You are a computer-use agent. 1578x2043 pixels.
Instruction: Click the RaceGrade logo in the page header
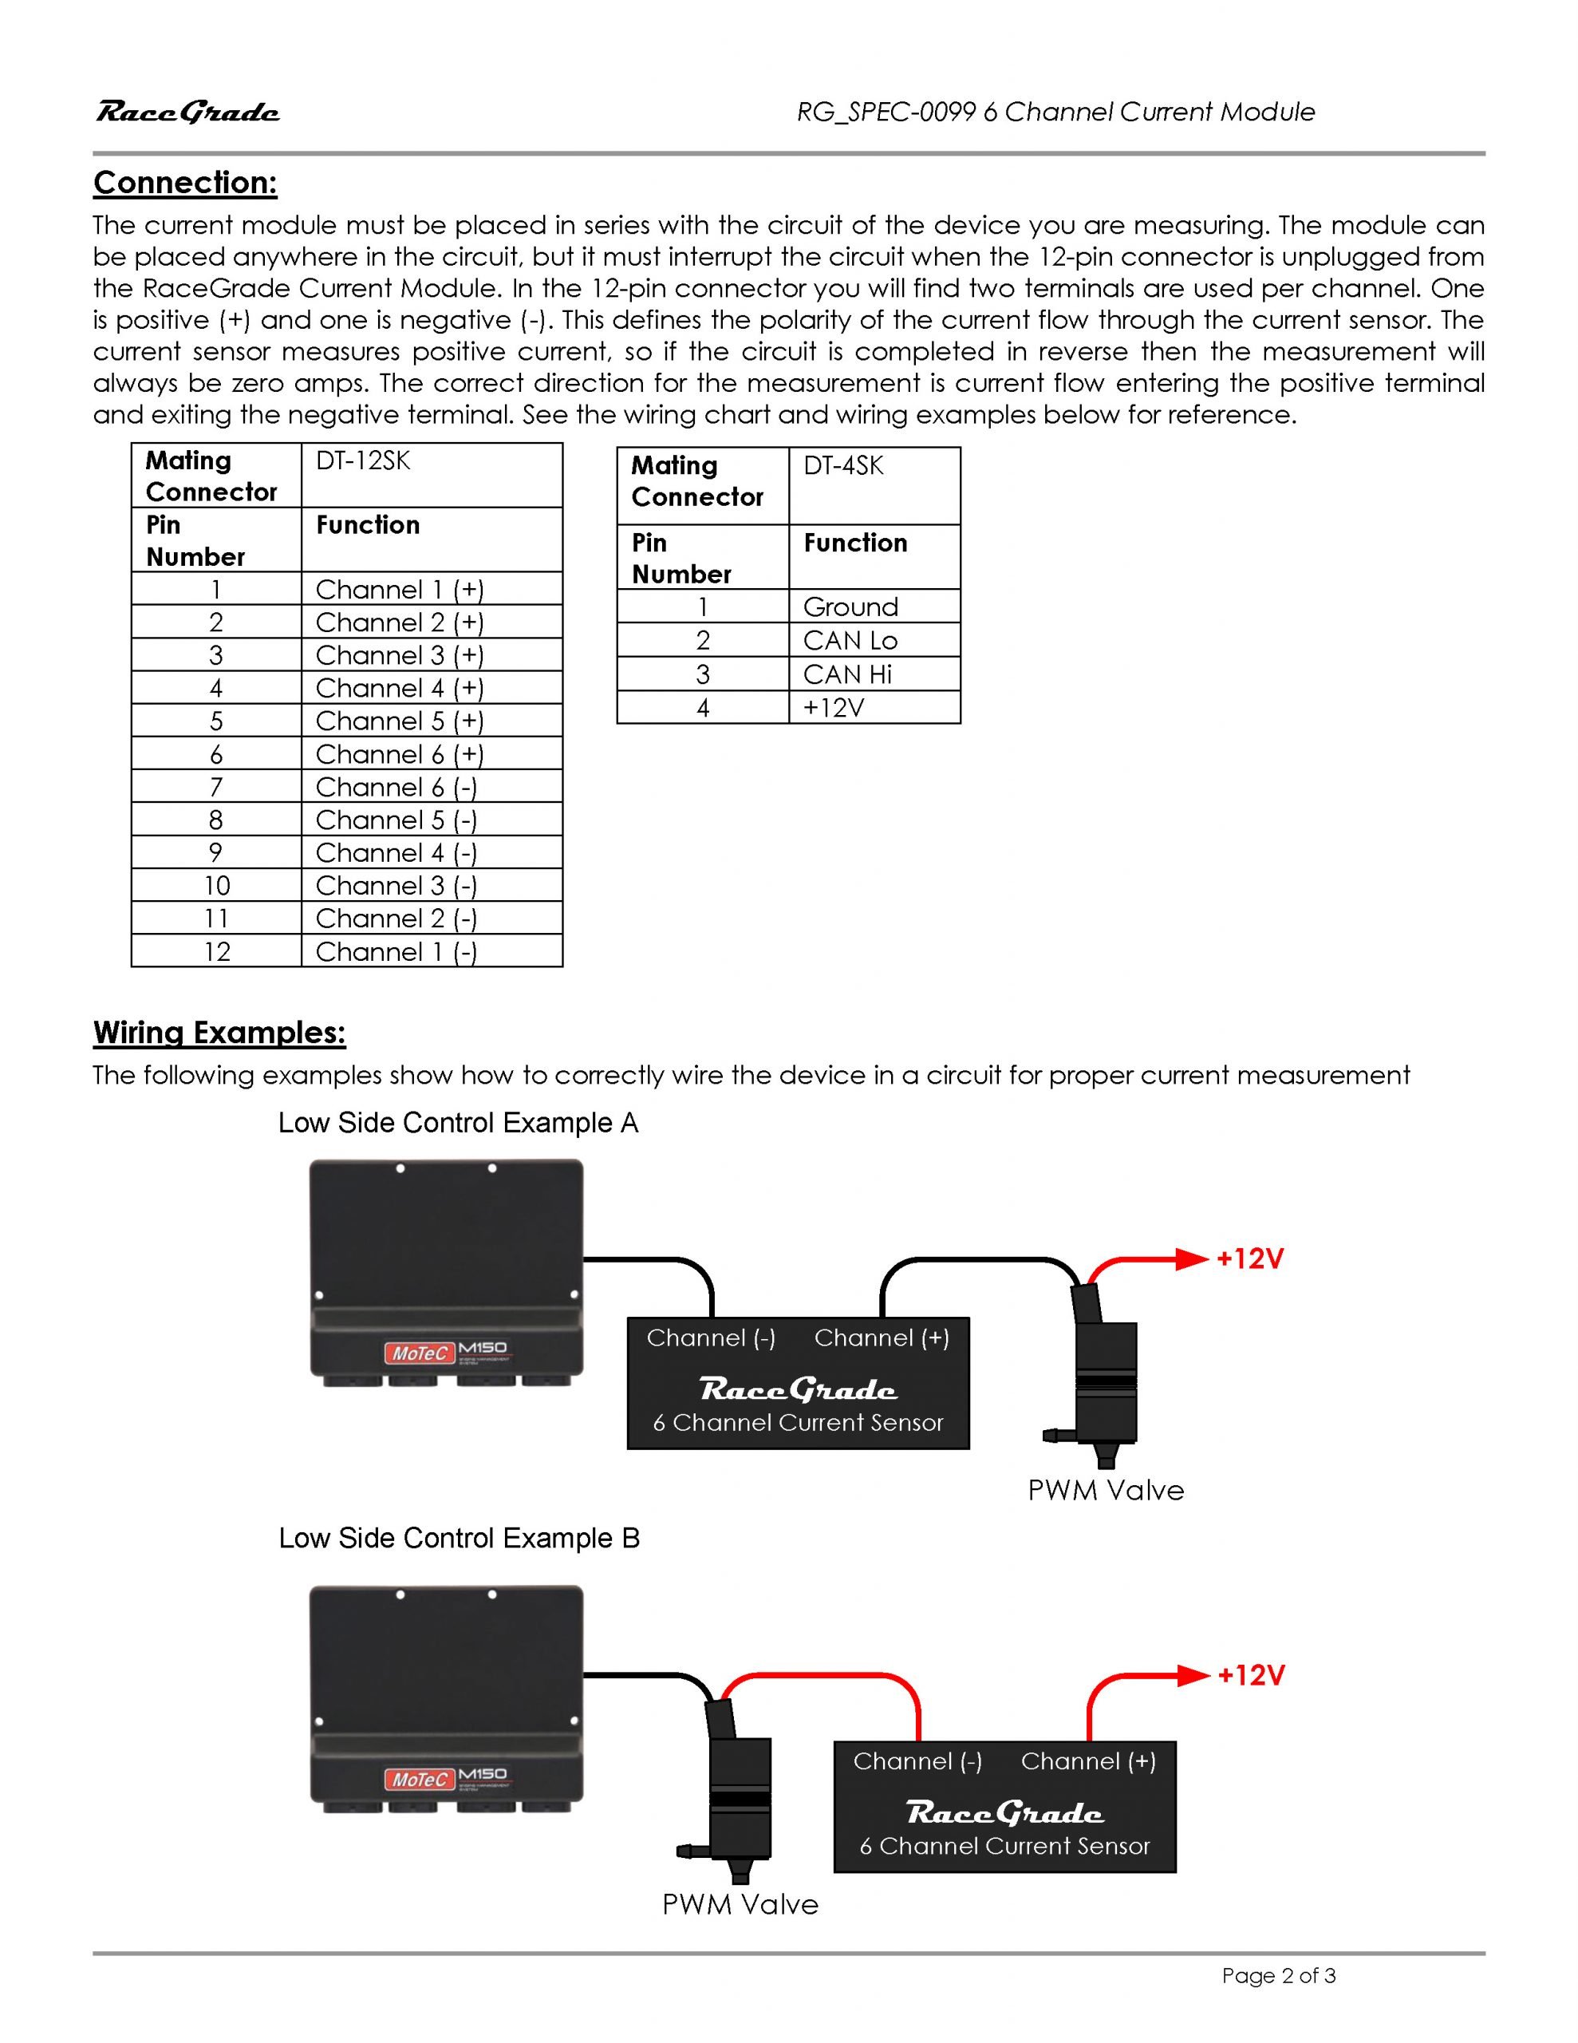point(187,113)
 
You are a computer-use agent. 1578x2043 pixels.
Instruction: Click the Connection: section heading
point(185,183)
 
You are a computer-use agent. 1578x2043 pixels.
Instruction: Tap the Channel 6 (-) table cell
point(396,787)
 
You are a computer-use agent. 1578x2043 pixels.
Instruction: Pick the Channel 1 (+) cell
point(400,589)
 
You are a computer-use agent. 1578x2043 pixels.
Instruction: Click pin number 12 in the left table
point(216,951)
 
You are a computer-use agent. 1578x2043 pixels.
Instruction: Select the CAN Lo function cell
point(850,640)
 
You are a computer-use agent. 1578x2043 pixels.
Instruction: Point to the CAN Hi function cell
point(846,674)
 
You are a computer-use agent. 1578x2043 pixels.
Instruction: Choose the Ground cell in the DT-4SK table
point(850,607)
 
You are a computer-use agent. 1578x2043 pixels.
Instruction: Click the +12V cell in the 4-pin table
point(833,707)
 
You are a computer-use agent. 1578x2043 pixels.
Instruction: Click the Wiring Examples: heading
point(219,1033)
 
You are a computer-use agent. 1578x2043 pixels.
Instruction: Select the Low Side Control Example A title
point(459,1123)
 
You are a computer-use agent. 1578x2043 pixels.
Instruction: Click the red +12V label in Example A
point(1249,1259)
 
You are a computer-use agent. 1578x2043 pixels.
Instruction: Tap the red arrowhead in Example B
point(1193,1675)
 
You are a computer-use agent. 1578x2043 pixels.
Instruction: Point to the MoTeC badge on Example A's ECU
point(418,1353)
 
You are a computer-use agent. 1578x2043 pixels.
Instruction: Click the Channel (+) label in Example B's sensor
point(1088,1761)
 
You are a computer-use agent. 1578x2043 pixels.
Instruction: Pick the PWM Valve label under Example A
point(1106,1490)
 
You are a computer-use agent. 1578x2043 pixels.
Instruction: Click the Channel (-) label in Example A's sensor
point(711,1338)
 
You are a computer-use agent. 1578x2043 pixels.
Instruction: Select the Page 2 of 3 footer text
point(1278,1976)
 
